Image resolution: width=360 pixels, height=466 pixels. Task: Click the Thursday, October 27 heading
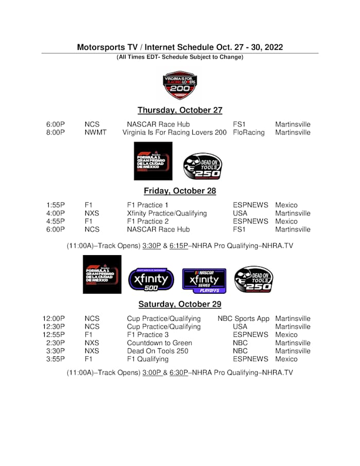(179, 110)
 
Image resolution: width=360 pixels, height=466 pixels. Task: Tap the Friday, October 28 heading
(179, 191)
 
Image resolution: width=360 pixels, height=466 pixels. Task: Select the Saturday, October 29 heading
(179, 304)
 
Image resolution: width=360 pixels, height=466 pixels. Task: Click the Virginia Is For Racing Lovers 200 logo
(180, 85)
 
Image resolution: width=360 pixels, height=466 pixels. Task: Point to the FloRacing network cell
(248, 133)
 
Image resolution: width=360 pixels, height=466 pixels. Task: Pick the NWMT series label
(96, 133)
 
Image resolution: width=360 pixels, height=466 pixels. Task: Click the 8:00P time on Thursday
(56, 133)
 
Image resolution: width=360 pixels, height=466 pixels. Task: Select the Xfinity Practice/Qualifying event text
(167, 213)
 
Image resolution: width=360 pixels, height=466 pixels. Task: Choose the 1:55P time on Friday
(56, 205)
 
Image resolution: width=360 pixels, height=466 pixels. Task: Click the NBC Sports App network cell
(243, 319)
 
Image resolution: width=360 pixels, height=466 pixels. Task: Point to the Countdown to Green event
(159, 343)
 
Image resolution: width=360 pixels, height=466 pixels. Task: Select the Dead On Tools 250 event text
(157, 351)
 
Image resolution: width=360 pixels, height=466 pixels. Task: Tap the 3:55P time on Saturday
(56, 360)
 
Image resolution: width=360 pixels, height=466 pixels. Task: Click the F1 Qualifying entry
(148, 360)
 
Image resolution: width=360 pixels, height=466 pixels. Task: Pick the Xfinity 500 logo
(151, 279)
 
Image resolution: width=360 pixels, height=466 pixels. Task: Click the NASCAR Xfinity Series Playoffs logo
(204, 279)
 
